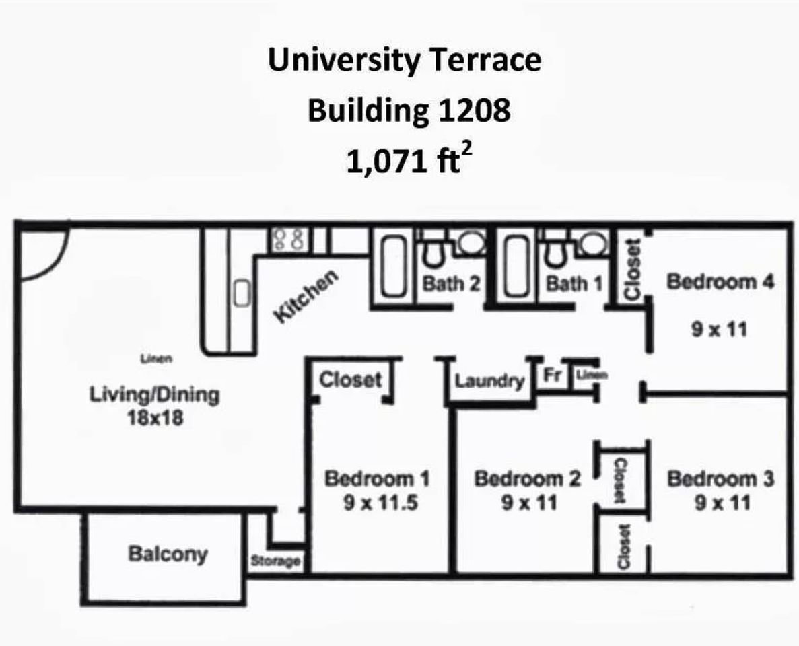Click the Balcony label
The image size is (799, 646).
point(168,554)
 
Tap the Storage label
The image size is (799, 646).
point(275,561)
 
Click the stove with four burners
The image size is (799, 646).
point(289,240)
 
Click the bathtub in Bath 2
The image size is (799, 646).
point(394,268)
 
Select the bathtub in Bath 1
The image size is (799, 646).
point(518,268)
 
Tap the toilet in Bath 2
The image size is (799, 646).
point(432,253)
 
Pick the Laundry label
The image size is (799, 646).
point(489,381)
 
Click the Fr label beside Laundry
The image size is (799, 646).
point(552,375)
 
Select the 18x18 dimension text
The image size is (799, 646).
point(155,418)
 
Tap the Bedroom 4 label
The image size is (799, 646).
point(720,281)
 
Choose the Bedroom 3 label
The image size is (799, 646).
point(720,479)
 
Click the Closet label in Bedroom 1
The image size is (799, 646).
point(350,380)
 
